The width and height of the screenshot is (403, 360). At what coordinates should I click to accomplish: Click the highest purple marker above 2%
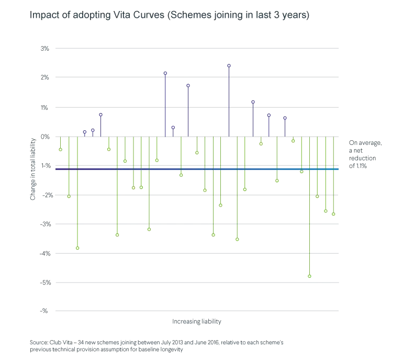229,66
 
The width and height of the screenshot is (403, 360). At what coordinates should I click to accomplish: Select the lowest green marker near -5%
309,276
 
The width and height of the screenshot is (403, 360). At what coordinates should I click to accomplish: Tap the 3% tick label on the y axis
44,49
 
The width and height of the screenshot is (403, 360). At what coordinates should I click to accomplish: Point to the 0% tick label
45,137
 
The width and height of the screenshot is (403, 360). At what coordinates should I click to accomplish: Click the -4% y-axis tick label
44,254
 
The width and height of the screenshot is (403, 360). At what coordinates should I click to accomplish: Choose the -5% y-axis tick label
45,283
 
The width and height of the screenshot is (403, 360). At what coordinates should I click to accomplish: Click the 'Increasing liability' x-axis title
197,322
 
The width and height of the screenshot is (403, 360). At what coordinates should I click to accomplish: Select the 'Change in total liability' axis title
32,169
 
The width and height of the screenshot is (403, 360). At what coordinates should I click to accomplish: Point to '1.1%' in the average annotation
361,166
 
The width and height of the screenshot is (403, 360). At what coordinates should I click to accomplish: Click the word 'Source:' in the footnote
39,343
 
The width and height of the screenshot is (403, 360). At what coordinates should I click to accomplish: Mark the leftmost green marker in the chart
60,150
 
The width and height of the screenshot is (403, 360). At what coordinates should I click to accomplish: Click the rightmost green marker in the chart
333,214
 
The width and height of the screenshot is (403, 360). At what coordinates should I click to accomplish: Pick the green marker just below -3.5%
237,240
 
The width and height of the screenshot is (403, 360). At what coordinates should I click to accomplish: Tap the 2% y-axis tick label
44,77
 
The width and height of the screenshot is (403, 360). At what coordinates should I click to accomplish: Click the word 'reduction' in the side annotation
362,159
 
